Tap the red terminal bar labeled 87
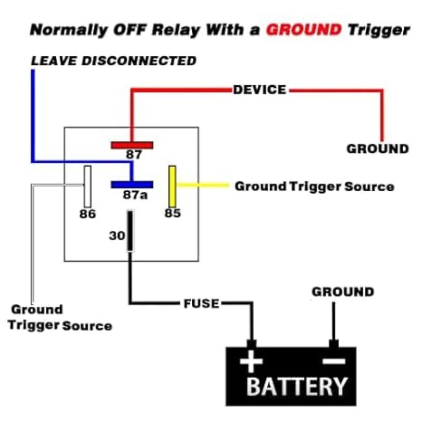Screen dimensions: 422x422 click(x=132, y=145)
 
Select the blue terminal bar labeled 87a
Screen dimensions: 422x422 click(x=132, y=184)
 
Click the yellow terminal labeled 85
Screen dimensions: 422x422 click(x=172, y=186)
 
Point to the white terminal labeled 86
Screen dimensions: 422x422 click(x=87, y=186)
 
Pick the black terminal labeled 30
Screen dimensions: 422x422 click(x=130, y=231)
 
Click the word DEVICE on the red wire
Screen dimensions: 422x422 click(x=259, y=90)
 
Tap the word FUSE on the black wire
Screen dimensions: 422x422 click(x=201, y=303)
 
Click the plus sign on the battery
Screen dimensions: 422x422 click(x=252, y=362)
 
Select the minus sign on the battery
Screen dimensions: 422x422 click(x=334, y=362)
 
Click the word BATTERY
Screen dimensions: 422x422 click(x=296, y=386)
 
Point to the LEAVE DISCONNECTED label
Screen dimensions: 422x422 click(x=113, y=61)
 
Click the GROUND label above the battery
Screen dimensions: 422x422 click(x=343, y=292)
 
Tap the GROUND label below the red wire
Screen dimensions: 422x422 click(x=377, y=149)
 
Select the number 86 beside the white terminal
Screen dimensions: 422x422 click(x=88, y=214)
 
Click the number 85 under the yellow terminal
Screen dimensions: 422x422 click(x=173, y=213)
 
